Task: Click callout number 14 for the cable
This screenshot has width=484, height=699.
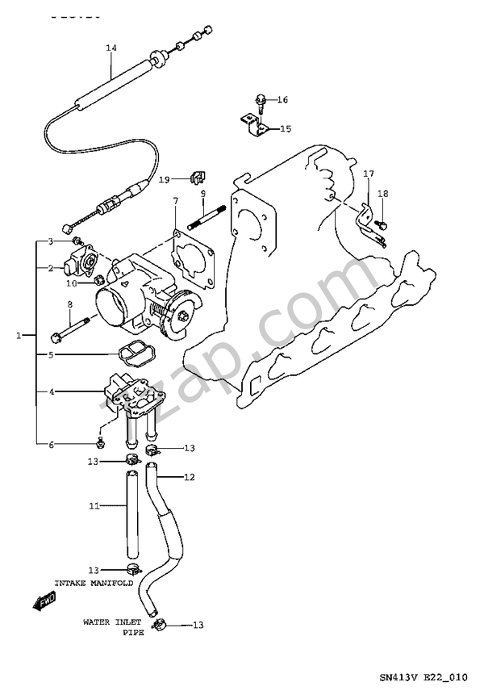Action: coord(111,48)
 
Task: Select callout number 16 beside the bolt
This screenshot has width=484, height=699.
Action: coord(282,100)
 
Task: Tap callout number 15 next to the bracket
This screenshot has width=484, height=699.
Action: coord(286,129)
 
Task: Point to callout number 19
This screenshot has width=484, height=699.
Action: coord(164,179)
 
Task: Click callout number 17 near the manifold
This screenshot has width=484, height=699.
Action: coord(368,174)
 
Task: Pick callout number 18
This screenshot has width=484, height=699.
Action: coord(382,194)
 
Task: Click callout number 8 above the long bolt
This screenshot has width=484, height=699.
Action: coord(70,304)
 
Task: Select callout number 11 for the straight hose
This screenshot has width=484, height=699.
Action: coord(94,506)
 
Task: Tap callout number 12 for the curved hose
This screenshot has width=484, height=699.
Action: coord(190,477)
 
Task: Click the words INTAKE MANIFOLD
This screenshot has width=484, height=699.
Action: coord(94,583)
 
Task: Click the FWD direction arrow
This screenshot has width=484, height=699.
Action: coord(44,602)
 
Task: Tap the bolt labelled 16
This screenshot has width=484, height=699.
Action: coord(261,103)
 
